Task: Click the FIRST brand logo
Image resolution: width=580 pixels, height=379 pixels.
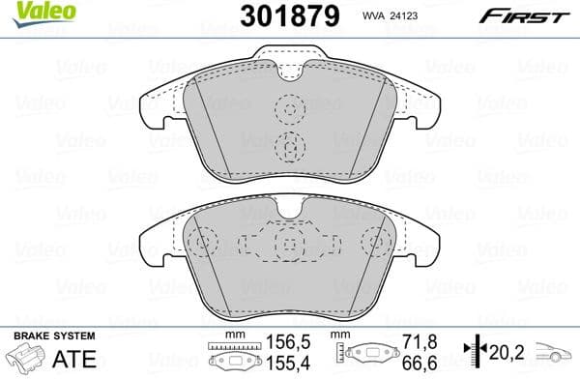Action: [x=523, y=15]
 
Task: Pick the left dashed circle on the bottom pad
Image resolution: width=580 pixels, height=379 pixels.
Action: [x=202, y=243]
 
